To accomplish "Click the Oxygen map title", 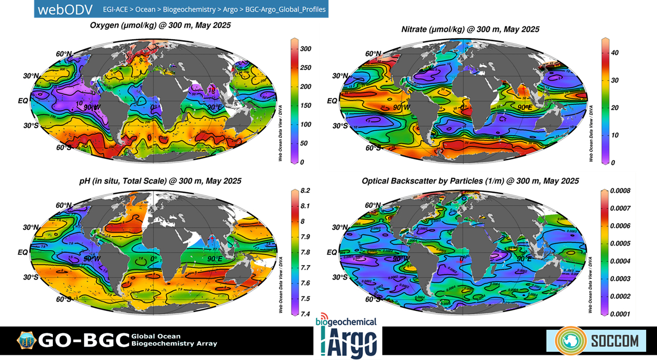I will [x=160, y=25].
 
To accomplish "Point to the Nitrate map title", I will [x=470, y=29].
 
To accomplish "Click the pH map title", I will [x=160, y=181].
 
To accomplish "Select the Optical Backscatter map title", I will [x=470, y=181].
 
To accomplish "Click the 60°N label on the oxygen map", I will [x=64, y=54].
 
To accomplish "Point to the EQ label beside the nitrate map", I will [x=332, y=101].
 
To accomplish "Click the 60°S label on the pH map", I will [x=64, y=299].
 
